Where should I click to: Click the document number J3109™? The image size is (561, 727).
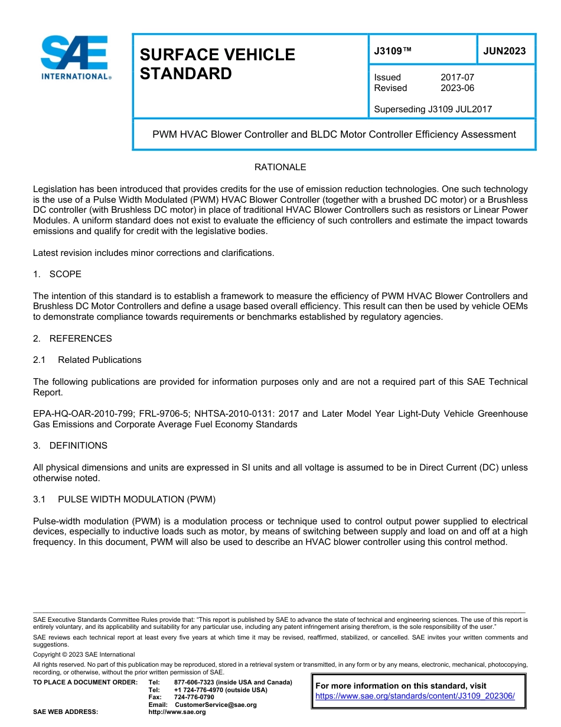[x=393, y=51]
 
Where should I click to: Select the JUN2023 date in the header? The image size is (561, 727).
[x=504, y=51]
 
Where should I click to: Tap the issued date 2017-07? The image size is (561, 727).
[x=457, y=77]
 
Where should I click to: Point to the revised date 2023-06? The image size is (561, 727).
[x=457, y=88]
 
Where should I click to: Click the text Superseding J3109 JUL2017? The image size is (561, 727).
[x=433, y=109]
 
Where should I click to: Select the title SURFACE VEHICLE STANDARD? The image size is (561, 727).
[x=217, y=64]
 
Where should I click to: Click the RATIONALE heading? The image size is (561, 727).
[x=280, y=167]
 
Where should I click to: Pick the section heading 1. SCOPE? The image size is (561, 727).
[x=57, y=274]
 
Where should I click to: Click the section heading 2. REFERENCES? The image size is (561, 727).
[x=72, y=339]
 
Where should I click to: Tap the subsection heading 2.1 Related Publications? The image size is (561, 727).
[x=87, y=360]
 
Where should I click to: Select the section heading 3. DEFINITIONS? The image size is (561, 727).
[x=70, y=446]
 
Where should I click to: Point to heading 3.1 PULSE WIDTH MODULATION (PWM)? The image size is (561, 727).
[x=125, y=499]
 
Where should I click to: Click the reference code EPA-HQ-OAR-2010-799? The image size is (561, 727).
[x=81, y=414]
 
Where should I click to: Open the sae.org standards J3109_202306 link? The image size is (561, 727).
[x=415, y=696]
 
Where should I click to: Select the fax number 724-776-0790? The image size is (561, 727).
[x=194, y=697]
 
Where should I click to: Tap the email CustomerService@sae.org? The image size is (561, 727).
[x=216, y=705]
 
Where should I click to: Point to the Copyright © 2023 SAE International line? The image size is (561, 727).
[x=84, y=655]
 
